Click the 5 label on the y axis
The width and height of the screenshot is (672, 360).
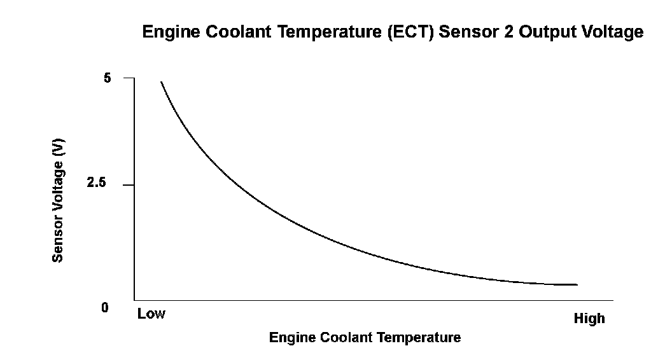click(107, 78)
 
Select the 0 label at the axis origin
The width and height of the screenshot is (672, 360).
click(105, 308)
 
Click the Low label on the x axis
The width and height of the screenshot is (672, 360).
click(151, 314)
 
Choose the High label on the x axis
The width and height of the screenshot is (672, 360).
click(589, 319)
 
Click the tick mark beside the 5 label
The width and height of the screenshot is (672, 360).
click(129, 78)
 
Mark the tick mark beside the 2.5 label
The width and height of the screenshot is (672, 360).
click(129, 185)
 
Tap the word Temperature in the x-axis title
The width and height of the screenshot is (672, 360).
click(421, 337)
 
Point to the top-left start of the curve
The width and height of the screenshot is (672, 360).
click(161, 82)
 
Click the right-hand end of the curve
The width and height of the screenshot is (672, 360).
click(577, 285)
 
